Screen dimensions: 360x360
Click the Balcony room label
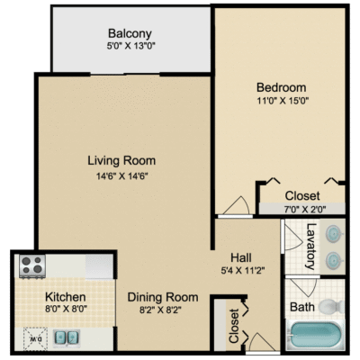point(130,33)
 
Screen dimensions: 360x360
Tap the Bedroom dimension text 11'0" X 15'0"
point(283,100)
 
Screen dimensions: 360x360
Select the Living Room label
point(121,160)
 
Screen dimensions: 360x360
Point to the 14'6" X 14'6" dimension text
point(122,176)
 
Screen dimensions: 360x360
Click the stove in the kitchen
point(32,265)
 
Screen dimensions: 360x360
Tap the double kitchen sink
point(67,337)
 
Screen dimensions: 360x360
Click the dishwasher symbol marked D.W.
point(35,338)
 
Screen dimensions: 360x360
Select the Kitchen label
point(66,297)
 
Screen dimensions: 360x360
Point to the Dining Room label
point(163,297)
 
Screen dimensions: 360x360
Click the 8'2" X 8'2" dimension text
point(161,310)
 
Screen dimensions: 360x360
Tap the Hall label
point(241,257)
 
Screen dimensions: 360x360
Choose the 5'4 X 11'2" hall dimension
point(243,271)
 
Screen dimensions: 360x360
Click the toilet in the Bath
point(331,307)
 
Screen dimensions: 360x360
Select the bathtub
point(314,336)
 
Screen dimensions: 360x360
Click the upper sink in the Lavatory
point(334,233)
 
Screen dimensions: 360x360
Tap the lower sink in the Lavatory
point(334,259)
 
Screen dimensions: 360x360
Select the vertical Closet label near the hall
point(234,326)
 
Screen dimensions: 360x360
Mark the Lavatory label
point(311,247)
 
